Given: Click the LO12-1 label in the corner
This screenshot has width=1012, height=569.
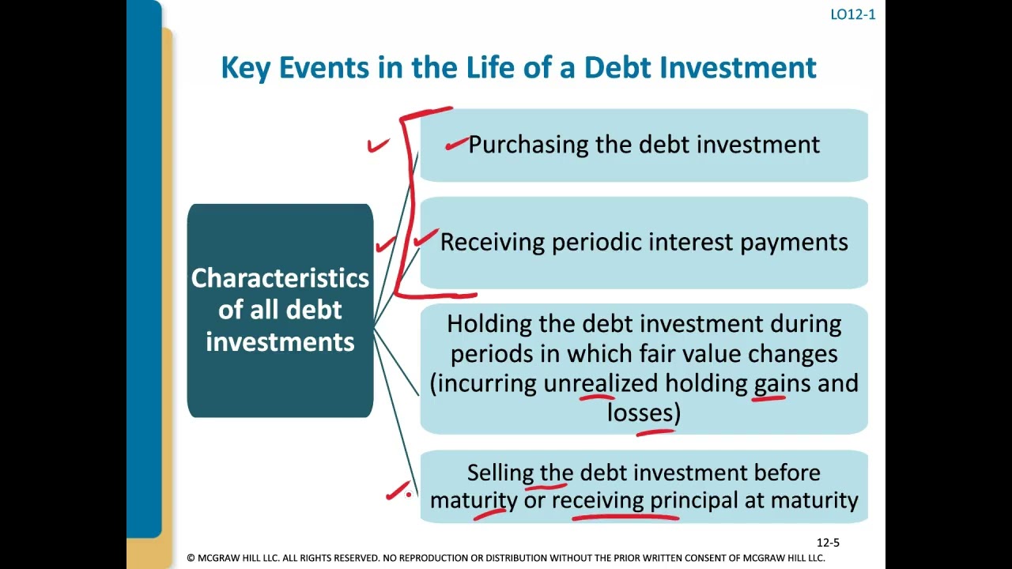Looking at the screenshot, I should tap(852, 14).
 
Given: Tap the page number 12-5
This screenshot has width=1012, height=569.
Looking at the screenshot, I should tap(828, 542).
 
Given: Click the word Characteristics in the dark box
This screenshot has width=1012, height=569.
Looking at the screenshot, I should tap(280, 278).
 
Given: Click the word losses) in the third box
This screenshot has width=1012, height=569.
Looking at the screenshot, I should tap(644, 413).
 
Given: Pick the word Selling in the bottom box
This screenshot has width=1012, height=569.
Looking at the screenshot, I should tap(500, 473).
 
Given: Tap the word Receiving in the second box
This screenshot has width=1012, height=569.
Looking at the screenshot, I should tap(493, 242).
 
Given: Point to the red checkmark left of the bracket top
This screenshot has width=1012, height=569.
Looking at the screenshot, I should tap(378, 145).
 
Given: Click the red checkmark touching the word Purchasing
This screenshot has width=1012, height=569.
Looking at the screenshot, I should tap(455, 144).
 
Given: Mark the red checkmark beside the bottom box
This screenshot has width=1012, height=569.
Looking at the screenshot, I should tap(398, 492).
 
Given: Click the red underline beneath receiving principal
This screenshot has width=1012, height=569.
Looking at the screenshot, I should tap(625, 518).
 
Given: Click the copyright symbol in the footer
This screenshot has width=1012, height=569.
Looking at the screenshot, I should tap(191, 558).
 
